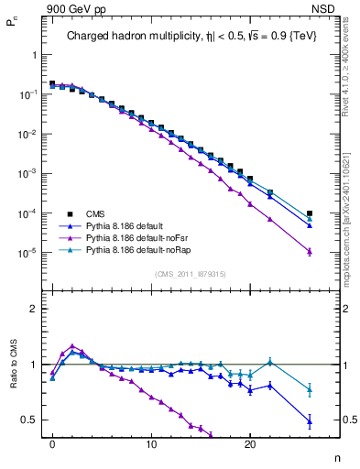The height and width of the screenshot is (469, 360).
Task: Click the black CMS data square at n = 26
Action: (310, 213)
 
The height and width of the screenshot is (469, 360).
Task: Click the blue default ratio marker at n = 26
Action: (310, 421)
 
